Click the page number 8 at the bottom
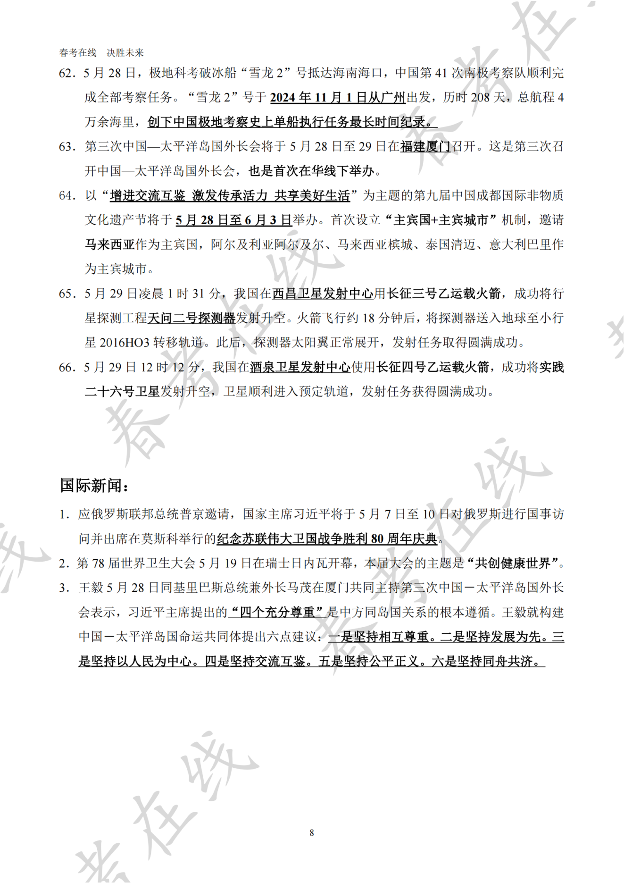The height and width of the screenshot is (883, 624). [x=311, y=833]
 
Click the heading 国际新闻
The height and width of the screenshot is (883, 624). [x=94, y=485]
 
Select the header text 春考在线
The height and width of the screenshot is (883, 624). [x=78, y=53]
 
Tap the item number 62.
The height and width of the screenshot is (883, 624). [x=67, y=73]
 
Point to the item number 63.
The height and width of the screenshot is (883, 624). [x=67, y=147]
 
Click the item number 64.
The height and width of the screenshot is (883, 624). [x=67, y=196]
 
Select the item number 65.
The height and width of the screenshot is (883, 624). [x=67, y=294]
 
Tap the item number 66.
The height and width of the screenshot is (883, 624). [x=67, y=368]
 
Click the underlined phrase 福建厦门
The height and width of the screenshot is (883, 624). [x=425, y=147]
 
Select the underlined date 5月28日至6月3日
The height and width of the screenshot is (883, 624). [x=234, y=220]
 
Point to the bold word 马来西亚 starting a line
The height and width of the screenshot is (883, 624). [x=110, y=245]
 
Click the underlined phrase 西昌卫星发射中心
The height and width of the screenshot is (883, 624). [x=323, y=294]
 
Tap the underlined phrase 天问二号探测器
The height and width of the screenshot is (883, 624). [x=191, y=319]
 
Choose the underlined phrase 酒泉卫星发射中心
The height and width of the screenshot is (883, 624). [x=300, y=368]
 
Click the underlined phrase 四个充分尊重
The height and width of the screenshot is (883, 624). [x=277, y=613]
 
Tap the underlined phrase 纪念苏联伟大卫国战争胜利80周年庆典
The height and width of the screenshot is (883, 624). [x=327, y=539]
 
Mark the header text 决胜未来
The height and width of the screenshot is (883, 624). [x=125, y=53]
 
